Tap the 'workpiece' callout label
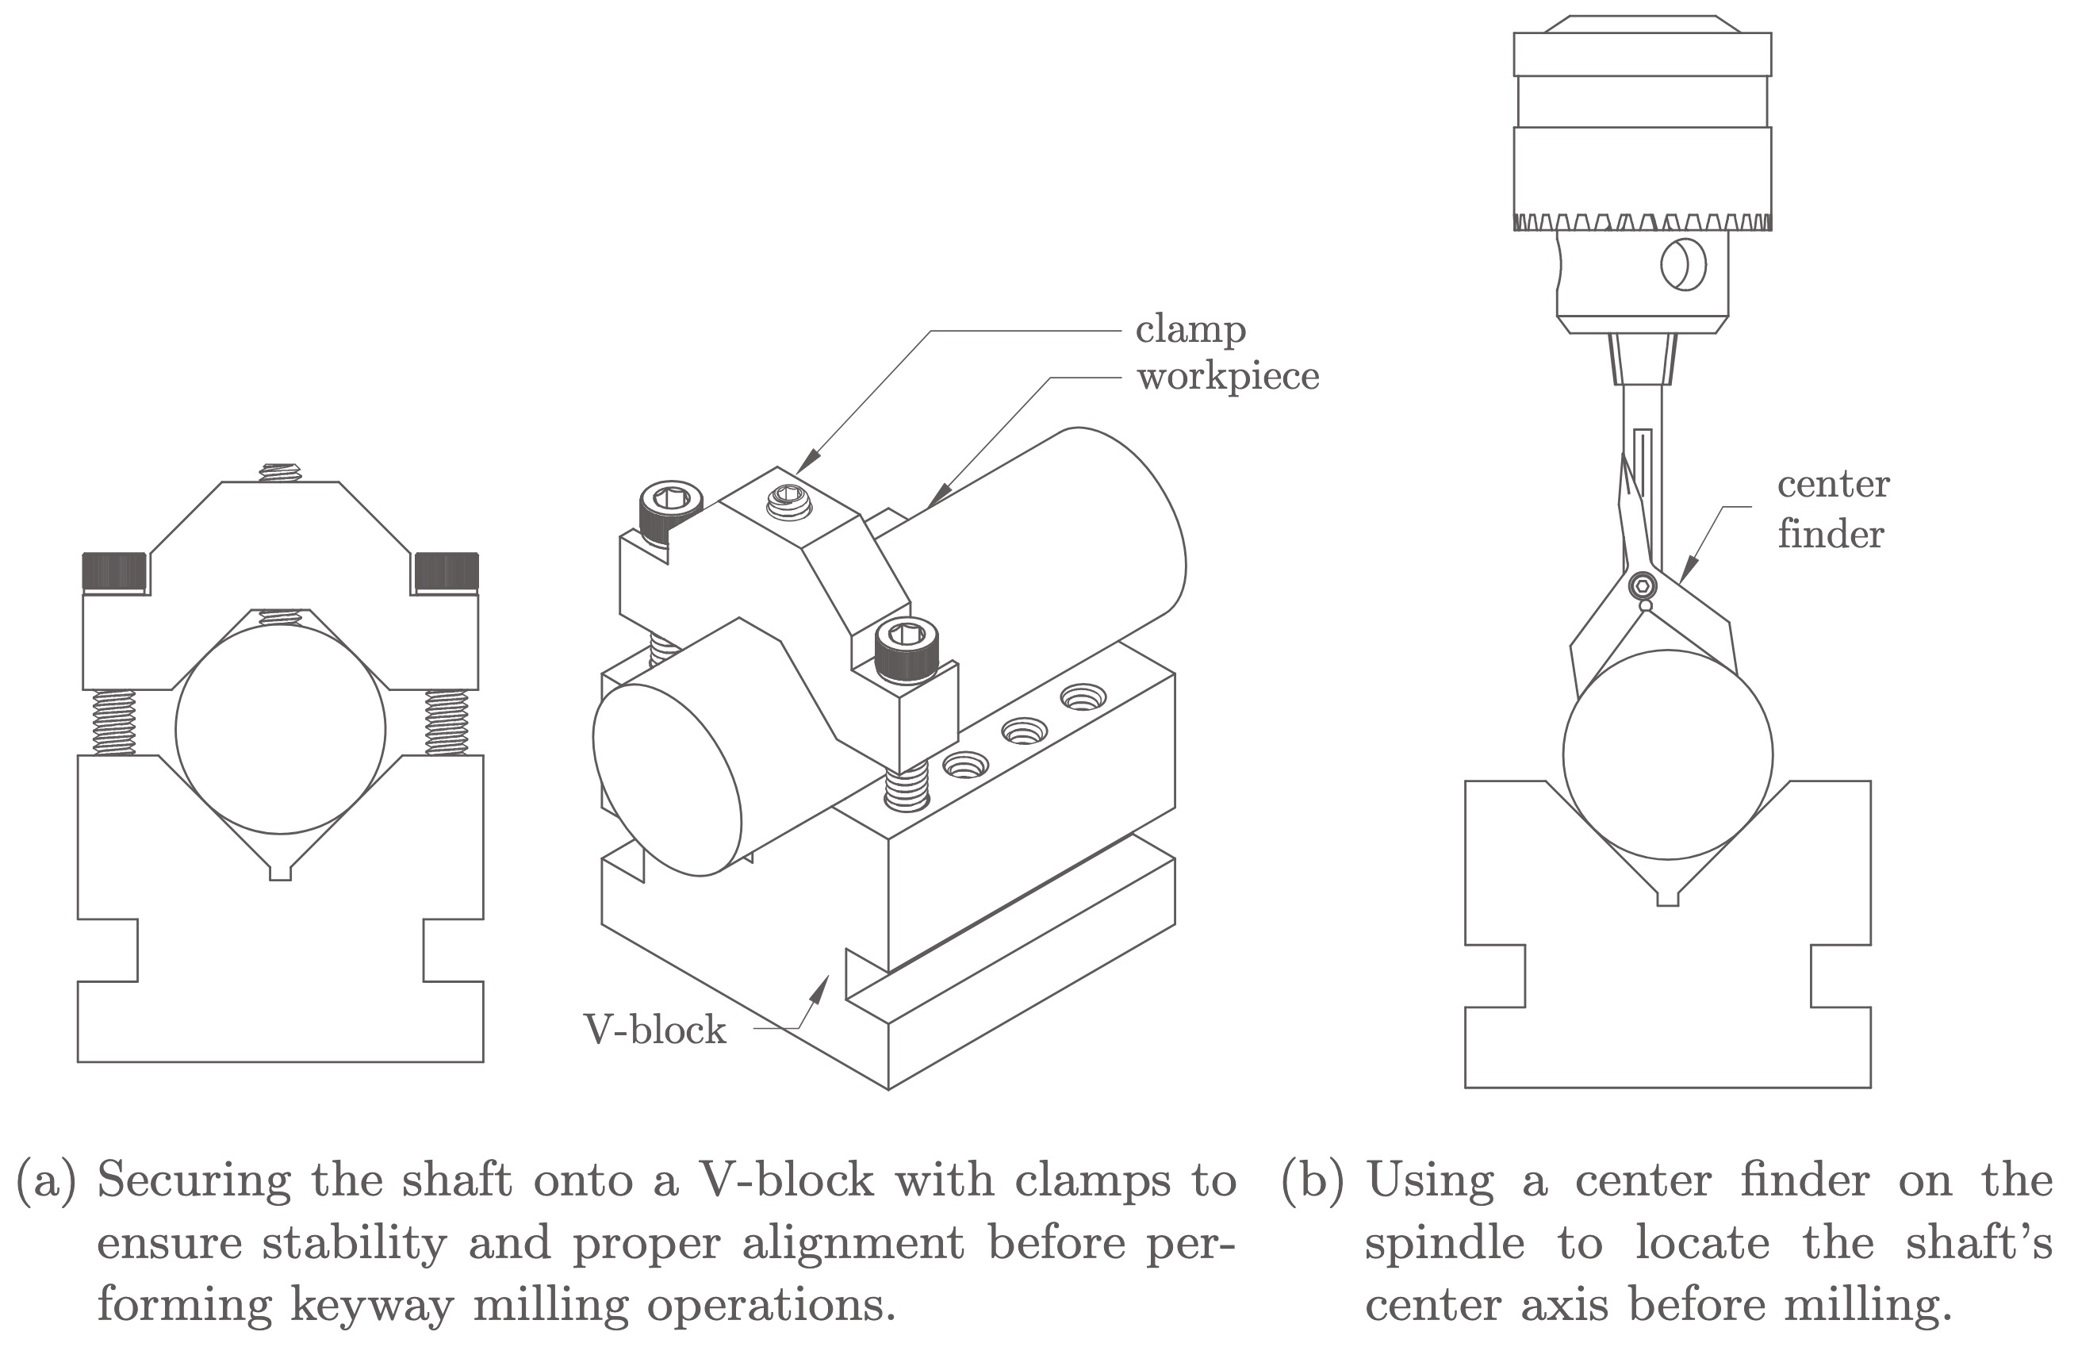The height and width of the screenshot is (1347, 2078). pos(1228,378)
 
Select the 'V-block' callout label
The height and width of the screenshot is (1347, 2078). pos(655,1030)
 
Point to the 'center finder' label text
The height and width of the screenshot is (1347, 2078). pos(1833,508)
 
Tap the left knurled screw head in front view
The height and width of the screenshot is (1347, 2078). pos(114,571)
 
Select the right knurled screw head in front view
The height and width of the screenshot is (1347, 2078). pos(447,571)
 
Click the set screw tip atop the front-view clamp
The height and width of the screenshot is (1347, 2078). pos(278,473)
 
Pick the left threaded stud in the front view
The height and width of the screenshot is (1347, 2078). pos(113,723)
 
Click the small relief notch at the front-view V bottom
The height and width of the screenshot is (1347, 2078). pos(280,873)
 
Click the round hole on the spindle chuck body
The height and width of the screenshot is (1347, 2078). pos(1683,264)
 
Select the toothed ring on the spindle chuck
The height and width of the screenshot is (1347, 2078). pos(1643,222)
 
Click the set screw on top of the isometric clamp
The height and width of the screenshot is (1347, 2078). pos(789,502)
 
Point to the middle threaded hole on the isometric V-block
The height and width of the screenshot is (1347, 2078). pos(1023,731)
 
